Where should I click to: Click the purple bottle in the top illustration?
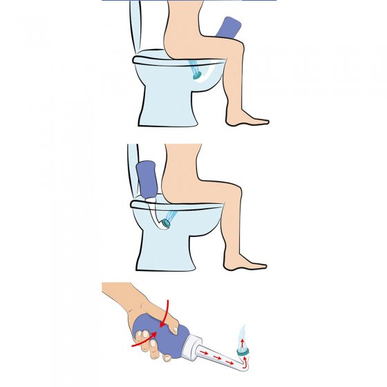click(227, 28)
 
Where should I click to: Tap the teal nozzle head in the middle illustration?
click(166, 222)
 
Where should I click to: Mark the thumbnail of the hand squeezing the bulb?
click(140, 338)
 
